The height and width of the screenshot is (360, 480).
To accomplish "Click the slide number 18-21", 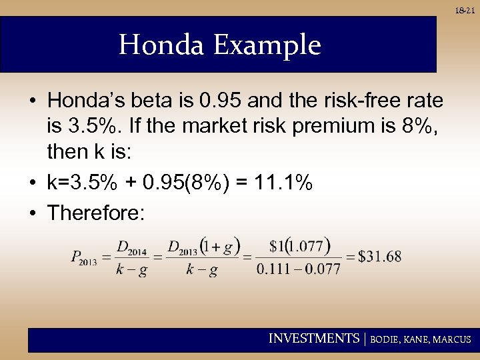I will pyautogui.click(x=465, y=11).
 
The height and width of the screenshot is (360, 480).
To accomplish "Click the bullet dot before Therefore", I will pyautogui.click(x=33, y=213).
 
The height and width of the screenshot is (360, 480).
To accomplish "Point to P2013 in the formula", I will pyautogui.click(x=84, y=257).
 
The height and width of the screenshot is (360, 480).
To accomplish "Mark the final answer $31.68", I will pyautogui.click(x=379, y=257).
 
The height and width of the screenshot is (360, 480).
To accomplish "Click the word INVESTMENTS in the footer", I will pyautogui.click(x=313, y=339).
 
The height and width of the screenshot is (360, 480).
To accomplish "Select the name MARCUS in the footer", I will pyautogui.click(x=451, y=339).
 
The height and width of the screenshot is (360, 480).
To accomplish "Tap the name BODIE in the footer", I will pyautogui.click(x=385, y=339).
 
